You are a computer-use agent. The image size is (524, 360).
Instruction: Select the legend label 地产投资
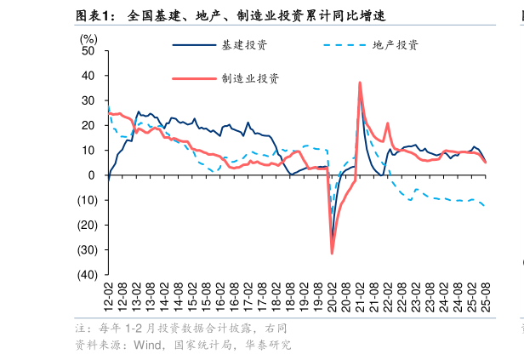click(x=396, y=44)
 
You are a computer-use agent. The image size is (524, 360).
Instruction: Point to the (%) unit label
click(x=88, y=38)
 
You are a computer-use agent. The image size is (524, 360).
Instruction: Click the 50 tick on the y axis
click(x=88, y=51)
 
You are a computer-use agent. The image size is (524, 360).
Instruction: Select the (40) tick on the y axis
click(x=86, y=275)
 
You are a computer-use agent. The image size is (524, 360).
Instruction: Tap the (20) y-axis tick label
click(x=86, y=226)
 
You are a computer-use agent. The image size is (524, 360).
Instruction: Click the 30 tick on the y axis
click(x=88, y=100)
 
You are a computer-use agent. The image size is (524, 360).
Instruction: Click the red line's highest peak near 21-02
click(x=360, y=83)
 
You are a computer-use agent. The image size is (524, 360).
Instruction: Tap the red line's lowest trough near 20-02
click(x=333, y=253)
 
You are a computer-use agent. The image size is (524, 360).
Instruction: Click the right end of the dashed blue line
click(x=485, y=206)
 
